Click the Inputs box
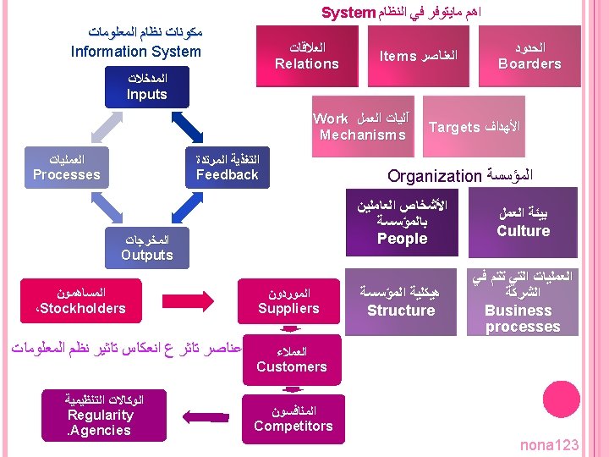tap(147, 86)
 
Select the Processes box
tap(66, 167)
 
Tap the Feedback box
tap(227, 167)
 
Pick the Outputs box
tap(147, 247)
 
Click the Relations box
tap(307, 56)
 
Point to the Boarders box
tap(529, 56)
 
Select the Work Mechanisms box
tap(363, 127)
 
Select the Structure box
tap(402, 302)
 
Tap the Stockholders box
tap(81, 301)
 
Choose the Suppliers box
tap(289, 301)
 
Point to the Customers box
tap(291, 359)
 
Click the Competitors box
tap(293, 418)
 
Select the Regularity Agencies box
tap(100, 415)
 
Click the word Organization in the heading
tap(434, 176)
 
